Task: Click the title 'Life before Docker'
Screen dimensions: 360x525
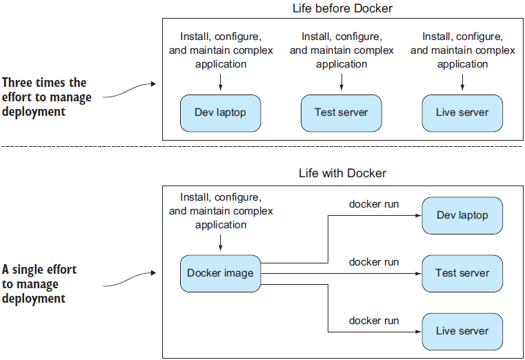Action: coord(341,8)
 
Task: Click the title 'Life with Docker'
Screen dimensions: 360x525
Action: coord(341,173)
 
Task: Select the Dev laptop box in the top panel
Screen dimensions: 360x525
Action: coord(221,112)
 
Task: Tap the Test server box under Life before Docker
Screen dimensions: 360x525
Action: coord(341,112)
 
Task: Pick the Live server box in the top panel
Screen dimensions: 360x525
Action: coord(462,112)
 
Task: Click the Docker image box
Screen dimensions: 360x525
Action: coord(220,273)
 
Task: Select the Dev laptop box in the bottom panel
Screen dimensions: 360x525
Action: coord(462,215)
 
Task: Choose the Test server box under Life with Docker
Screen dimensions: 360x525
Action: coord(462,273)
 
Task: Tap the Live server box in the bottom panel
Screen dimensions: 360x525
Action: coord(462,331)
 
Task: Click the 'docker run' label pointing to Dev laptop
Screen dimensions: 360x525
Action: coord(374,204)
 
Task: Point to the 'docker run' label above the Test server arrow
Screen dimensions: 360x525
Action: coord(374,262)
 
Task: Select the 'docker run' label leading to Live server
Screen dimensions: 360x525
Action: coord(374,320)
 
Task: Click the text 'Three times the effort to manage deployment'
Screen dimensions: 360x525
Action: coord(46,97)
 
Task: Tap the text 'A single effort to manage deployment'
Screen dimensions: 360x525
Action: coord(39,284)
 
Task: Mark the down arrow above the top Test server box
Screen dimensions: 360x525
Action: coord(341,81)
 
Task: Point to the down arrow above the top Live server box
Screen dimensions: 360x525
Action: coord(462,81)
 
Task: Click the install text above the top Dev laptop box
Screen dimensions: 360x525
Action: coord(221,50)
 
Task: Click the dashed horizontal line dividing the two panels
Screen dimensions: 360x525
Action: coord(262,147)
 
